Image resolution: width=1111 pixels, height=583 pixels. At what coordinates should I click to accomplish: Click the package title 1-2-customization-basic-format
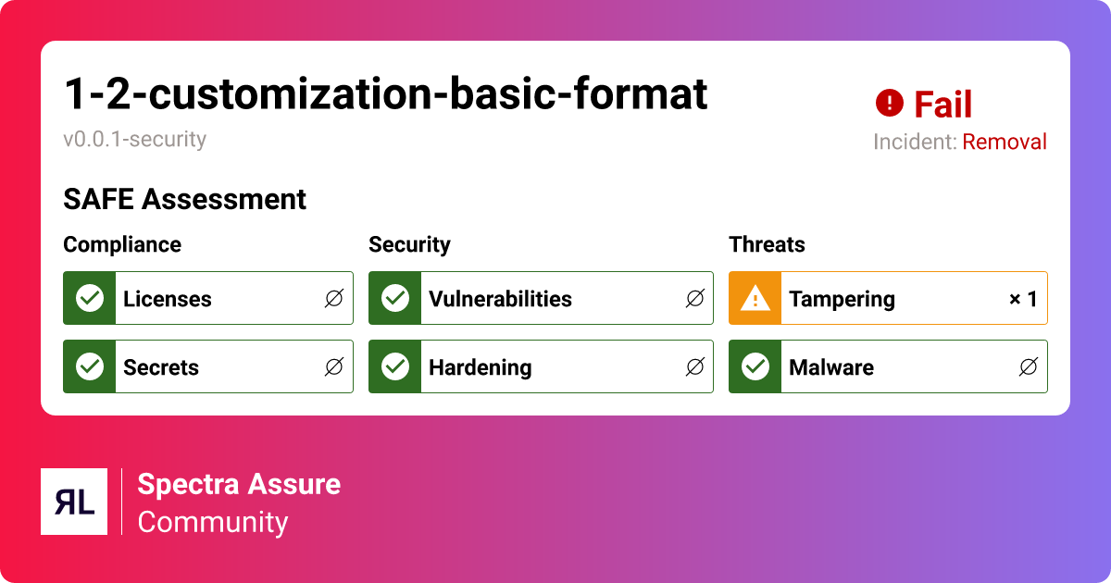[x=385, y=93]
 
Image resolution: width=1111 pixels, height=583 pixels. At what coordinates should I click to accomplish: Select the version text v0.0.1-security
[x=135, y=140]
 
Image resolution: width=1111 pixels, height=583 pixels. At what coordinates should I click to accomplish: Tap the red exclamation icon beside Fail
[x=889, y=103]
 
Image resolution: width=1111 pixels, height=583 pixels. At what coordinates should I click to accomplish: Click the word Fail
[x=942, y=105]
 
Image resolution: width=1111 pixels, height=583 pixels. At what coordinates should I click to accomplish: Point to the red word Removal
[x=1005, y=143]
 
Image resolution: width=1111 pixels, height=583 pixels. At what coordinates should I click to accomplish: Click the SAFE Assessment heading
[x=184, y=199]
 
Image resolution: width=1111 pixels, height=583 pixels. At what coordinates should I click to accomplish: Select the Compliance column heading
[x=122, y=244]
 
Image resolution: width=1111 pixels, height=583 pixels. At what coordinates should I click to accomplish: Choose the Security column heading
[x=409, y=244]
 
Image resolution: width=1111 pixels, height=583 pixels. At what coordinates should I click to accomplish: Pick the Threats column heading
[x=767, y=244]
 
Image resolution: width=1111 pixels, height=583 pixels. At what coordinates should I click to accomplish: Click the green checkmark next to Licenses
[x=90, y=298]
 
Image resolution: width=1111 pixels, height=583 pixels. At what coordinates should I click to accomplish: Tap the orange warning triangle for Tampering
[x=755, y=298]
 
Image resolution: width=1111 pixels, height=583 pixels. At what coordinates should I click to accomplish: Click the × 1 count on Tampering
[x=1022, y=299]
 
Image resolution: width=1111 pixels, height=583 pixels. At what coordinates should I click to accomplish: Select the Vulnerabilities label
[x=500, y=299]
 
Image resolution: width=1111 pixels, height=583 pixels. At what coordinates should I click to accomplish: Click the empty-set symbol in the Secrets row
[x=334, y=367]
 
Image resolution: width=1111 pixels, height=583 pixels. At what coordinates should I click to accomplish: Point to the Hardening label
[x=480, y=367]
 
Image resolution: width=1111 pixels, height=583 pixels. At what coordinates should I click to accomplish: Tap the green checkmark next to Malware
[x=755, y=366]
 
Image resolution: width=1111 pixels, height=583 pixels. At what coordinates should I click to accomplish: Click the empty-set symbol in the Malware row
[x=1028, y=367]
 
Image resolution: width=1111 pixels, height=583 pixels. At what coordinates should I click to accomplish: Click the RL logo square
[x=74, y=502]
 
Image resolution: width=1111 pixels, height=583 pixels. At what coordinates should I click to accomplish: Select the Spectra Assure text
[x=239, y=484]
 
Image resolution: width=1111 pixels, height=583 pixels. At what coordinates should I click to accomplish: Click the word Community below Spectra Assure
[x=213, y=522]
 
